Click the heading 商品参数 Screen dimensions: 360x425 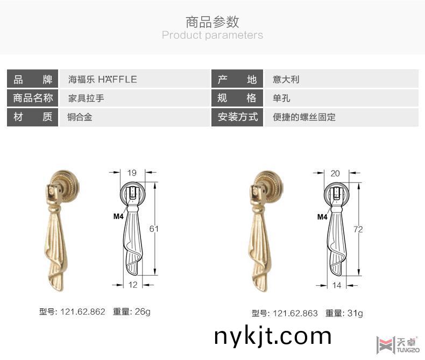[x=212, y=22]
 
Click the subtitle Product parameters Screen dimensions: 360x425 [x=212, y=36]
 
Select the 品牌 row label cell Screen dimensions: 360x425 [x=33, y=79]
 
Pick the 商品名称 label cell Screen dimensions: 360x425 [x=33, y=98]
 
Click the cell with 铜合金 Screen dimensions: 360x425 [x=80, y=117]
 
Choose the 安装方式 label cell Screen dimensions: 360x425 [x=238, y=117]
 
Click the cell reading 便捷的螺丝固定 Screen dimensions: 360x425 [x=304, y=117]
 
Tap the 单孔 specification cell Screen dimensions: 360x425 [x=282, y=98]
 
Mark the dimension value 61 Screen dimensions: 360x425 [x=154, y=229]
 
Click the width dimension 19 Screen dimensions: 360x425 [x=132, y=173]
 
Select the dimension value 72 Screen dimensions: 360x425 [x=358, y=229]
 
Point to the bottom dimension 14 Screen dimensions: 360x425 [x=337, y=285]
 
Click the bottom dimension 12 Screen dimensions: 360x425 [x=133, y=285]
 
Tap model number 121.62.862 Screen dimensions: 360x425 [x=82, y=312]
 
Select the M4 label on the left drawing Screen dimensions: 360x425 [x=118, y=217]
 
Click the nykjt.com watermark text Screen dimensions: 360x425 [x=273, y=336]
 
